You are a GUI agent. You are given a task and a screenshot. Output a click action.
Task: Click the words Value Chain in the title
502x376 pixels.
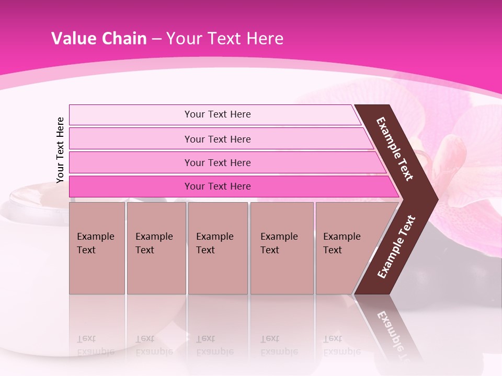(x=99, y=39)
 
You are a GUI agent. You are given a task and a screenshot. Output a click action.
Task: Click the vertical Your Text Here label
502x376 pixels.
(x=60, y=150)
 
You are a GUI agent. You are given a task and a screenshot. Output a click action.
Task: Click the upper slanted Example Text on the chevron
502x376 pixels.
(x=395, y=149)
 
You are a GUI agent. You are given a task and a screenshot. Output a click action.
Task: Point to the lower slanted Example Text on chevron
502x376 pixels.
(x=396, y=246)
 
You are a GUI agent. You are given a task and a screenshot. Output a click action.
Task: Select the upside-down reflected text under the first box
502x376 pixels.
(x=96, y=345)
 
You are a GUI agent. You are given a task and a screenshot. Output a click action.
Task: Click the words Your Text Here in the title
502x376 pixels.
(x=225, y=39)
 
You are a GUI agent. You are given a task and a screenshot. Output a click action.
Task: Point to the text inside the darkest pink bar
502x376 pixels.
(x=218, y=186)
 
